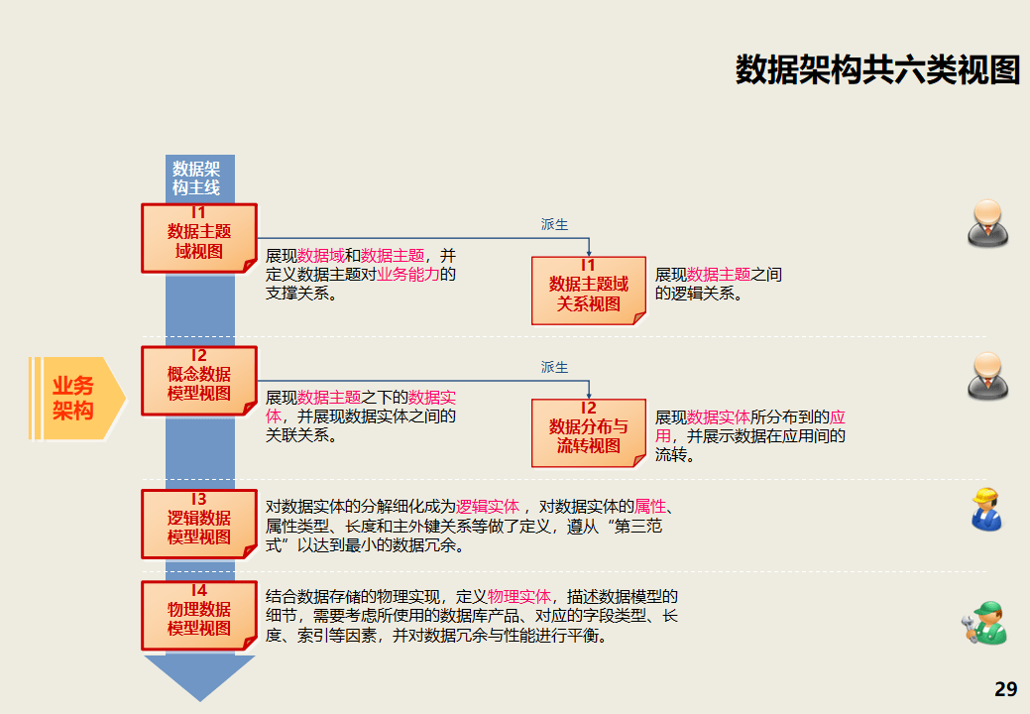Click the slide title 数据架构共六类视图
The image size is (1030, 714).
tap(876, 70)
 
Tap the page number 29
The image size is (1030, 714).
tap(1005, 689)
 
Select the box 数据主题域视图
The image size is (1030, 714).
tap(199, 239)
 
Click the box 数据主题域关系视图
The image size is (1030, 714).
tap(589, 291)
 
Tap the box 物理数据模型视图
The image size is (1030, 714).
tap(199, 616)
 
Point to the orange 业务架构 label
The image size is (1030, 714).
tap(73, 398)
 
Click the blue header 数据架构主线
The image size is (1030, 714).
tap(196, 178)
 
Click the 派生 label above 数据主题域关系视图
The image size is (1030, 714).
tap(555, 225)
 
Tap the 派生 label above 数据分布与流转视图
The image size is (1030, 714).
tap(555, 368)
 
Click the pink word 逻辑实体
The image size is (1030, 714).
tap(488, 507)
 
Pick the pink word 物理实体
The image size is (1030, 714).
tap(519, 598)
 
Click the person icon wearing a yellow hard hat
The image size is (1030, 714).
tap(985, 509)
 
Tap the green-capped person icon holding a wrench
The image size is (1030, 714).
tap(983, 622)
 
